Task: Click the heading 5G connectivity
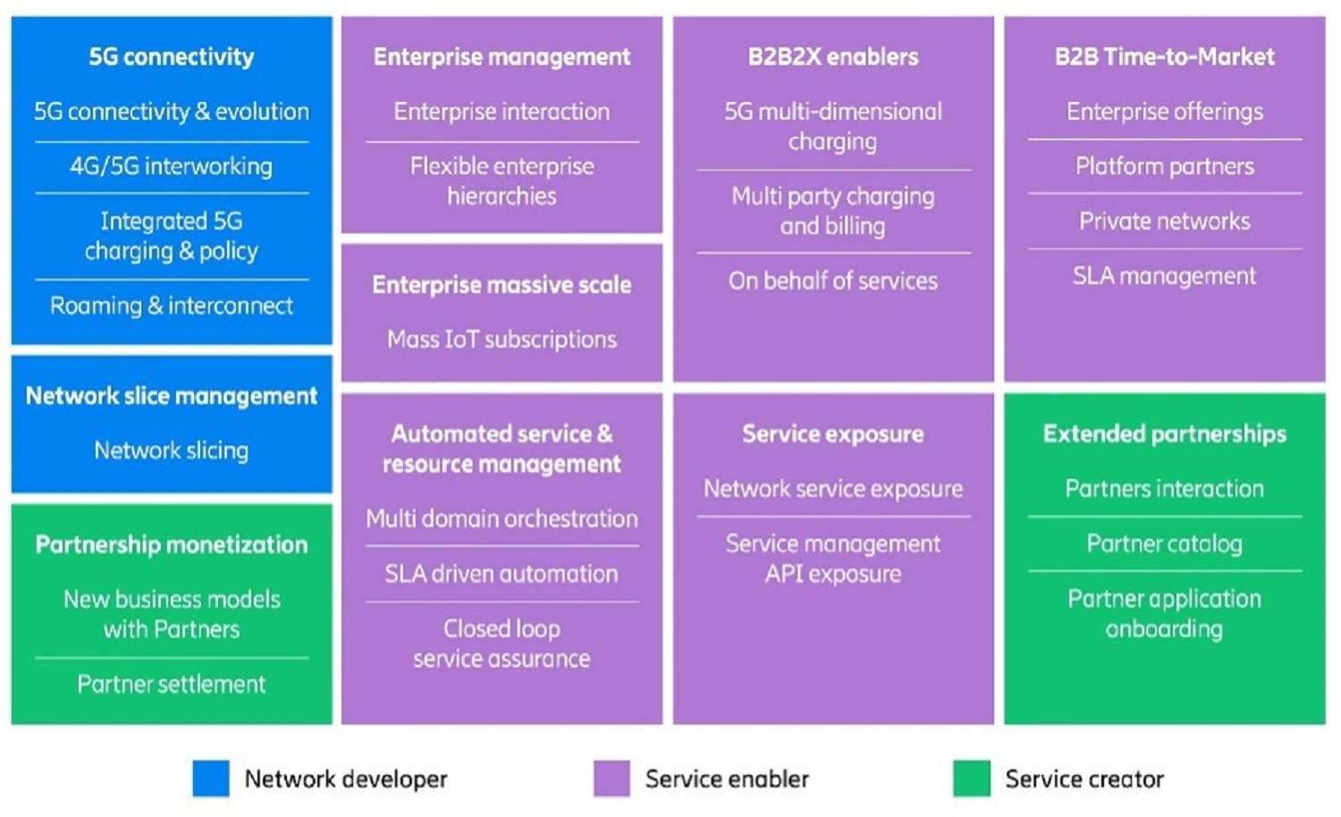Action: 171,57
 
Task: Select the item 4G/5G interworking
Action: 171,166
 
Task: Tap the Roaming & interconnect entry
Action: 171,306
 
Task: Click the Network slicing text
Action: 171,451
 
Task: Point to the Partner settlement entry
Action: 171,685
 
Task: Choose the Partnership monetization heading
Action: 171,544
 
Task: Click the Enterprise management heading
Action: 502,57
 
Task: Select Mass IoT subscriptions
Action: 502,340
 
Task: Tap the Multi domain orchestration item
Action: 502,518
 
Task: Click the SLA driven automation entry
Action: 502,574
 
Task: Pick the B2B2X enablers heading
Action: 832,57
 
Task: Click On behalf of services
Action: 832,281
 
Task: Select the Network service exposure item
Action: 832,489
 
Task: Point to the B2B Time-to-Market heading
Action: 1164,57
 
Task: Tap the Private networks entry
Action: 1164,221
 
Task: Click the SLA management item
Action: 1164,276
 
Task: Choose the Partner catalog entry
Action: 1164,543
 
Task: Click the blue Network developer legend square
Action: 211,779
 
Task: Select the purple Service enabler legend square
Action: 611,779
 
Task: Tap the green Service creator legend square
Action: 972,779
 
